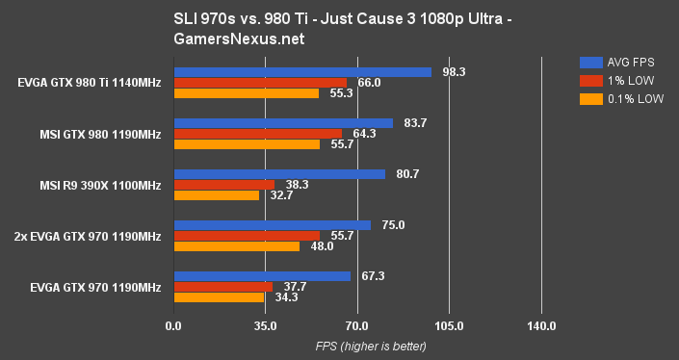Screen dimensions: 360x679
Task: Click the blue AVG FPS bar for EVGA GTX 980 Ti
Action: pyautogui.click(x=301, y=72)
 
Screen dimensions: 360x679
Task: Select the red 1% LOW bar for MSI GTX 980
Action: pyautogui.click(x=257, y=134)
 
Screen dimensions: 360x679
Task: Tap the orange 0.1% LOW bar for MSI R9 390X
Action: pyautogui.click(x=216, y=195)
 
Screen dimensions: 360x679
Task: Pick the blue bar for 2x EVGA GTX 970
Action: pyautogui.click(x=272, y=225)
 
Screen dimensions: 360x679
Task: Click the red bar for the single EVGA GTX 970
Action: pyautogui.click(x=222, y=287)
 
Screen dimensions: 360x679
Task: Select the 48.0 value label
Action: pyautogui.click(x=322, y=246)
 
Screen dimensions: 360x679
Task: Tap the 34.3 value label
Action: pyautogui.click(x=285, y=297)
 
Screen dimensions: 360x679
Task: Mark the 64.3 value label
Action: pyautogui.click(x=364, y=134)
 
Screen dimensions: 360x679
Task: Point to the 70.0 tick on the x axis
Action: pyautogui.click(x=357, y=327)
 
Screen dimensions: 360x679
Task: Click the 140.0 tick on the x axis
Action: pyautogui.click(x=541, y=327)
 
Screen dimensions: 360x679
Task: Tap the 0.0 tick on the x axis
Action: pyautogui.click(x=173, y=327)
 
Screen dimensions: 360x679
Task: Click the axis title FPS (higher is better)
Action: pyautogui.click(x=357, y=347)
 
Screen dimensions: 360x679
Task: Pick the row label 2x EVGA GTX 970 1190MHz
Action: pyautogui.click(x=88, y=236)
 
